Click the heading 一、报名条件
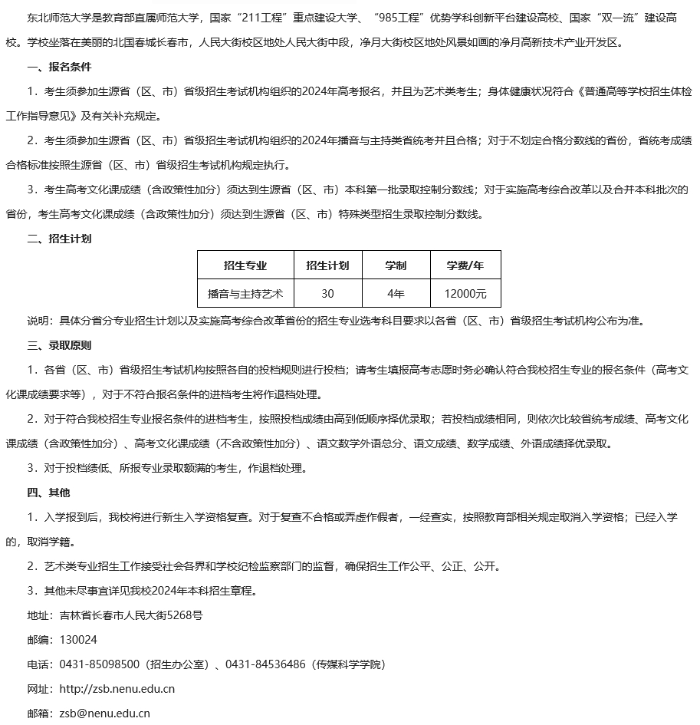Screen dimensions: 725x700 59,67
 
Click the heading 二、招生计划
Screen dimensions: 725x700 59,239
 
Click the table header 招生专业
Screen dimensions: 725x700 245,265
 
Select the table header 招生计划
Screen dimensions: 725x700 327,265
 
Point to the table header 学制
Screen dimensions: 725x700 396,265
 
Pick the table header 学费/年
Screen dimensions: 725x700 465,265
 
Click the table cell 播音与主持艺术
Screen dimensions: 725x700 245,293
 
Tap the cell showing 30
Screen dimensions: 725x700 327,293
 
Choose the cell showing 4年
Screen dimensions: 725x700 396,293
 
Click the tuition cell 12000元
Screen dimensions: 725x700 465,293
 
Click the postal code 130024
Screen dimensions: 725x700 78,639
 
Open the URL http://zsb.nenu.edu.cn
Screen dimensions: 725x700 117,688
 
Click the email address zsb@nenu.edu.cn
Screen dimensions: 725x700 104,713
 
